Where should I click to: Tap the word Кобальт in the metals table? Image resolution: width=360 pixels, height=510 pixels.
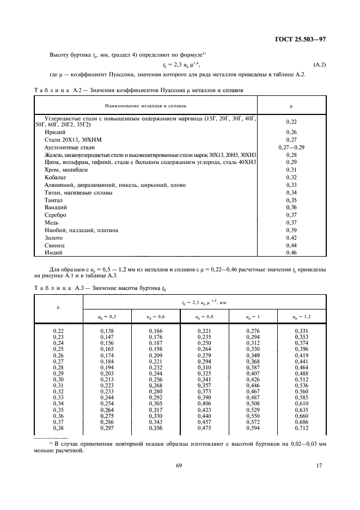[x=56, y=178]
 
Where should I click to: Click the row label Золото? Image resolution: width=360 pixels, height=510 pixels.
[x=54, y=238]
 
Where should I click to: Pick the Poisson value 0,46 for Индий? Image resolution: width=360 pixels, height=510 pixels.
[x=291, y=253]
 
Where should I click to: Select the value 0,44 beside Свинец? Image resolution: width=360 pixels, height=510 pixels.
[x=291, y=246]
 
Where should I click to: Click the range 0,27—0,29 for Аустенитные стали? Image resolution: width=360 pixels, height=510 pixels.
[x=291, y=147]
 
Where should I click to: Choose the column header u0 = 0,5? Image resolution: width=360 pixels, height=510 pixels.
[x=107, y=317]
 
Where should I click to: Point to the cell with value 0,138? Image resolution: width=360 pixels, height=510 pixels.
[x=107, y=331]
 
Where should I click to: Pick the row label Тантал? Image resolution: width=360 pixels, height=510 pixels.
[x=54, y=201]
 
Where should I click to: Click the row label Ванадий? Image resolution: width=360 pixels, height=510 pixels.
[x=55, y=208]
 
